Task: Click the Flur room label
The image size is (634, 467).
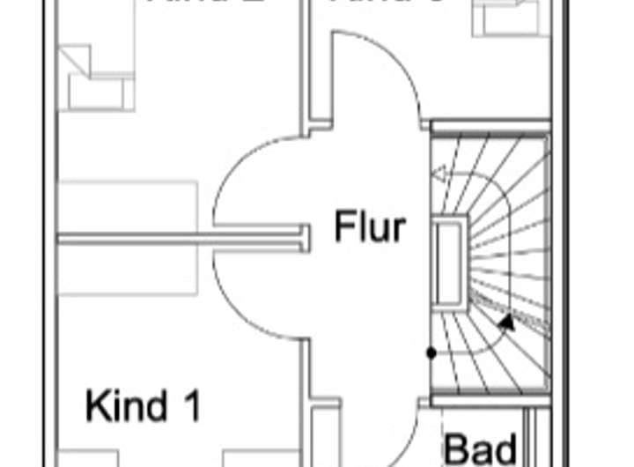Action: coord(370,226)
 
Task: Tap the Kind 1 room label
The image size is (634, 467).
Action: coord(143,406)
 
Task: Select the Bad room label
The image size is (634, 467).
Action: coord(479,448)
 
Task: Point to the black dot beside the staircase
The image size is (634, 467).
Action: coord(431,352)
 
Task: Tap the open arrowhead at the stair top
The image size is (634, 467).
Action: coord(438,182)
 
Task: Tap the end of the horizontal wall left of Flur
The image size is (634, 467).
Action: coord(303,237)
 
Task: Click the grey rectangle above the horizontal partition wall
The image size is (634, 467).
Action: coord(128,207)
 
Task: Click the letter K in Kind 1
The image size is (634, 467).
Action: coord(95,406)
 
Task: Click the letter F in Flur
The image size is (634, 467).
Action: coord(343,226)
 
